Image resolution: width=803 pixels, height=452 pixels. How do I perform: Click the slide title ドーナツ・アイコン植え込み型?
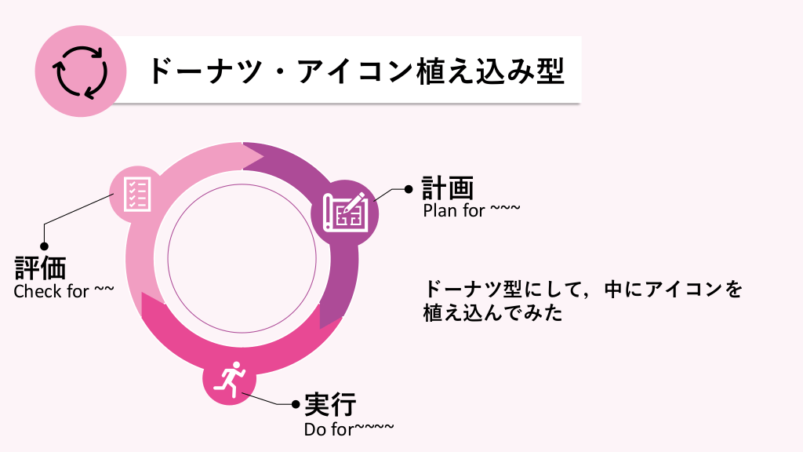pyautogui.click(x=355, y=71)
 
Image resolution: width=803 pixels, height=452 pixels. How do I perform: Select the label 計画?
pyautogui.click(x=448, y=189)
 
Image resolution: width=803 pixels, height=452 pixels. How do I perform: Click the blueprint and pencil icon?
pyautogui.click(x=346, y=210)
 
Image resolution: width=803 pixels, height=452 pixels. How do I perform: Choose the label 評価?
pyautogui.click(x=40, y=268)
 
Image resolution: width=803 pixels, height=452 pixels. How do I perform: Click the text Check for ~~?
pyautogui.click(x=64, y=291)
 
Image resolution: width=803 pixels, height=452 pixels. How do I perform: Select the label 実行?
pyautogui.click(x=330, y=405)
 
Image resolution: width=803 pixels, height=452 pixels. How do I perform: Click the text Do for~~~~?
pyautogui.click(x=348, y=428)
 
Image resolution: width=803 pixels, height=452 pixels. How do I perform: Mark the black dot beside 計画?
pyautogui.click(x=408, y=189)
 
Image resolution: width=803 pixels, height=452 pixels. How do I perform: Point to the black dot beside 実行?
pyautogui.click(x=296, y=405)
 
